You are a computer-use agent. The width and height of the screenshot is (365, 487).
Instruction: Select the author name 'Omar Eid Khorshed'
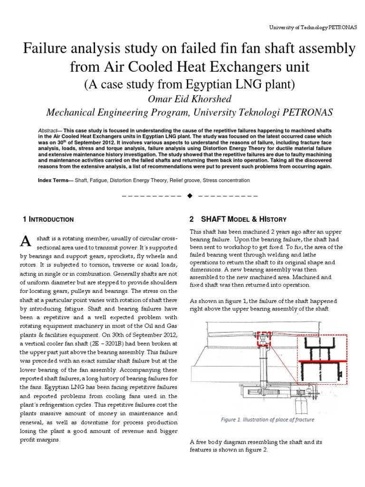[183, 99]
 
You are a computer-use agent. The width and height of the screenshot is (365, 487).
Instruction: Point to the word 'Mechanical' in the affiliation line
[73, 113]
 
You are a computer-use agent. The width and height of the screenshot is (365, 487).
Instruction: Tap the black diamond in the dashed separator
[190, 196]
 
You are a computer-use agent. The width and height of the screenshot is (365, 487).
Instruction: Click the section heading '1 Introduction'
[48, 219]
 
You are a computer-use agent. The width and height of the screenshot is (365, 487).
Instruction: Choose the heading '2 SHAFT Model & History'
[238, 219]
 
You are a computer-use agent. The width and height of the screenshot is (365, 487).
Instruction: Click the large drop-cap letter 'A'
[26, 242]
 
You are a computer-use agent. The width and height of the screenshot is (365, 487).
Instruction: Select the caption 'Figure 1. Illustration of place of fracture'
[268, 419]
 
